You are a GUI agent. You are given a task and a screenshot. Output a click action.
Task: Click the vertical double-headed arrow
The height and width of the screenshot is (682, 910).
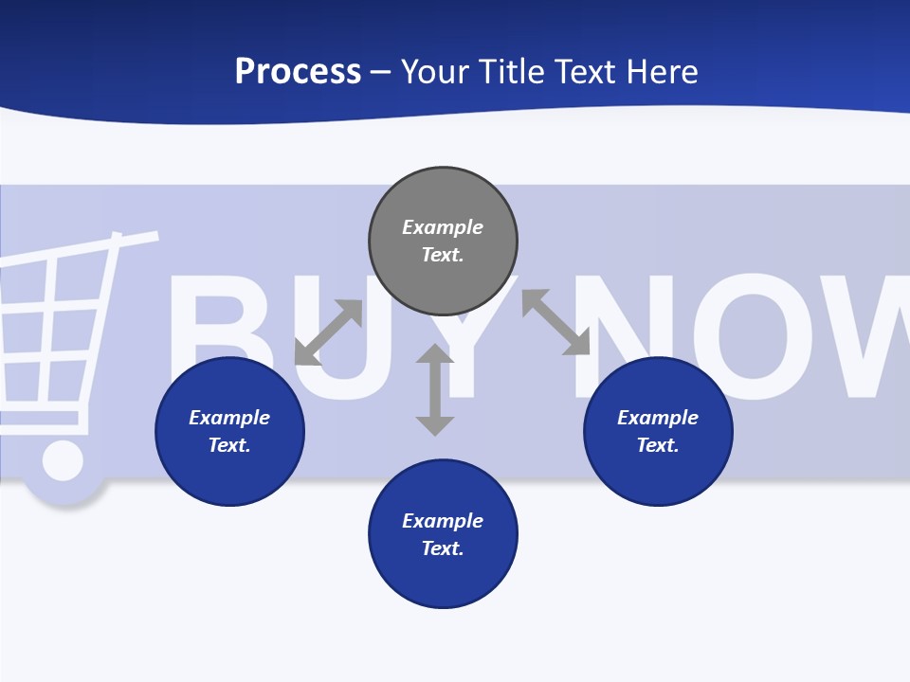pyautogui.click(x=435, y=389)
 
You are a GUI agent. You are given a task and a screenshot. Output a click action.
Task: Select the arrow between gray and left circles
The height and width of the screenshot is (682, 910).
pyautogui.click(x=328, y=332)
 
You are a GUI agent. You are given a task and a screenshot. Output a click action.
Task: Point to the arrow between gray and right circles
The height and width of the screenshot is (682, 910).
pyautogui.click(x=555, y=322)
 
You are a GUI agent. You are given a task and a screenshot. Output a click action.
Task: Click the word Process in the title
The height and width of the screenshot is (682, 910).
pyautogui.click(x=298, y=72)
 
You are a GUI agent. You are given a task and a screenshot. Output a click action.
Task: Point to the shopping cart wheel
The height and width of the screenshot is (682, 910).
pyautogui.click(x=63, y=461)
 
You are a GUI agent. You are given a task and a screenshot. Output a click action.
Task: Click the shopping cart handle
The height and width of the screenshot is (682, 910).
pyautogui.click(x=133, y=238)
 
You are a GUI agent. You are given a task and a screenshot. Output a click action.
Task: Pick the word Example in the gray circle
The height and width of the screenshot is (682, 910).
pyautogui.click(x=443, y=227)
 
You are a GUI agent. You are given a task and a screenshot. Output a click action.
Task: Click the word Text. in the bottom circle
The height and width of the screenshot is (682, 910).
pyautogui.click(x=443, y=548)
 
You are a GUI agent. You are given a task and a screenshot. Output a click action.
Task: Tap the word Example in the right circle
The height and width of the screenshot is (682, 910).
pyautogui.click(x=658, y=418)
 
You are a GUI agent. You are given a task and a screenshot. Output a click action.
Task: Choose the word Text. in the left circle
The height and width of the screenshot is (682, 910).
pyautogui.click(x=229, y=445)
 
